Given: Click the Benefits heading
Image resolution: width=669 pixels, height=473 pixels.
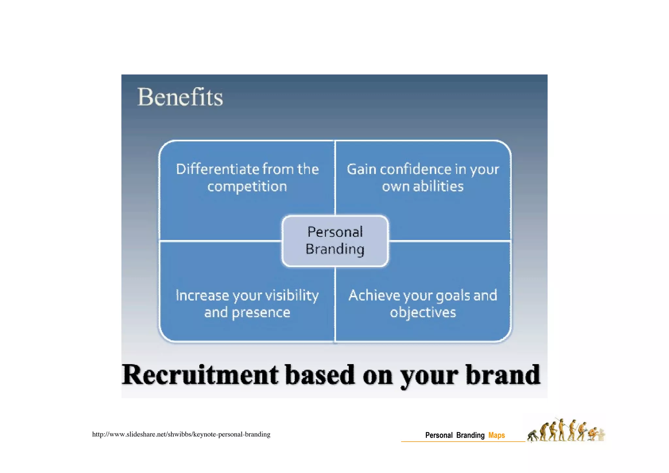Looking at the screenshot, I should click(x=180, y=97).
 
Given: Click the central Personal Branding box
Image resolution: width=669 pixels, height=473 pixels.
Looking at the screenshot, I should click(x=335, y=241).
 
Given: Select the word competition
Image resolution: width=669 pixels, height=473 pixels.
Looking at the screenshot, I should click(x=247, y=187).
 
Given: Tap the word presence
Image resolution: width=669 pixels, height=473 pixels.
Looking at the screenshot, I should click(x=261, y=313).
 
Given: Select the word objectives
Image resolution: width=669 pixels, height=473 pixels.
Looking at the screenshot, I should click(x=423, y=313).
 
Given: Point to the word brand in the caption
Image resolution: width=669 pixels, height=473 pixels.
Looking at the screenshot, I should click(x=503, y=375).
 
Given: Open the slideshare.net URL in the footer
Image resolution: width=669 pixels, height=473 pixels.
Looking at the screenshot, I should click(x=181, y=434).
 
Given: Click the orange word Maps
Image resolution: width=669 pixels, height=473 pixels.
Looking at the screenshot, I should click(x=497, y=435).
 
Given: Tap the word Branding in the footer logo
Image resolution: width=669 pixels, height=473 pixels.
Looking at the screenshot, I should click(x=470, y=435).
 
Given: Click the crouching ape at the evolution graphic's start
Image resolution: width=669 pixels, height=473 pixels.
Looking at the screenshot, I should click(x=533, y=436).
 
